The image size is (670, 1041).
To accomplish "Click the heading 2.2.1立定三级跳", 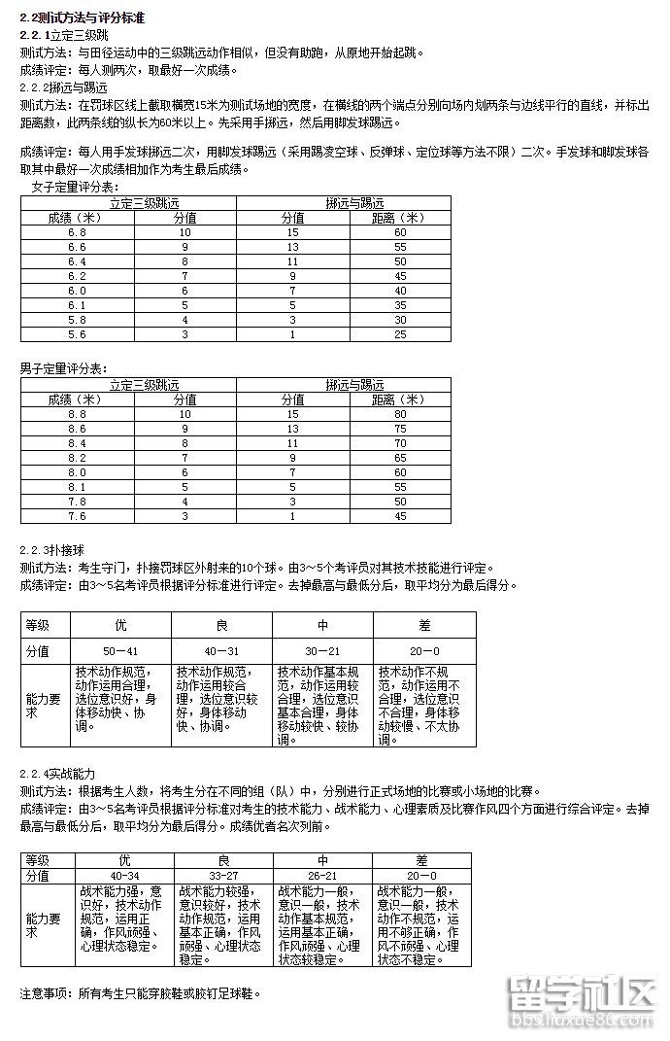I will pyautogui.click(x=63, y=35).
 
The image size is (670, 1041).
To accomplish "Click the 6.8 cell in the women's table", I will pyautogui.click(x=77, y=232).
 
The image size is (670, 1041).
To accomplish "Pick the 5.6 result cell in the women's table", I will pyautogui.click(x=77, y=334).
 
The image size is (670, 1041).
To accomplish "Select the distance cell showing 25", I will pyautogui.click(x=399, y=334).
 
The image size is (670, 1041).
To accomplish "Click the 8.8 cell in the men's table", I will pyautogui.click(x=77, y=414).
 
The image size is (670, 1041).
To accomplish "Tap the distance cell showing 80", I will pyautogui.click(x=399, y=414).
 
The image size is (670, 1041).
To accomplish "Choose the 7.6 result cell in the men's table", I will pyautogui.click(x=77, y=516).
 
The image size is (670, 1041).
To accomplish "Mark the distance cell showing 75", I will pyautogui.click(x=399, y=429).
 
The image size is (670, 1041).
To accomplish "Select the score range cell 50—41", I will pyautogui.click(x=120, y=650).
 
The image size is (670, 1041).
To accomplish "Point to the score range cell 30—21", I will pyautogui.click(x=322, y=650).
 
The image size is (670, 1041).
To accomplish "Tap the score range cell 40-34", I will pyautogui.click(x=122, y=876).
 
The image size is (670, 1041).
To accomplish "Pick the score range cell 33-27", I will pyautogui.click(x=222, y=876).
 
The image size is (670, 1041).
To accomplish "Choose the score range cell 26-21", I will pyautogui.click(x=322, y=876).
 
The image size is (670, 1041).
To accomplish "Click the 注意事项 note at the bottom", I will pyautogui.click(x=140, y=993).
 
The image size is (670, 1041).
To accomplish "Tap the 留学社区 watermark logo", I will pyautogui.click(x=583, y=1001).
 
